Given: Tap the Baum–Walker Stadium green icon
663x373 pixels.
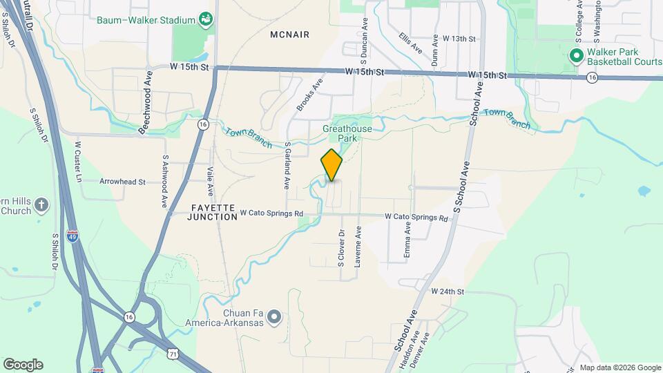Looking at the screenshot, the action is (x=205, y=19).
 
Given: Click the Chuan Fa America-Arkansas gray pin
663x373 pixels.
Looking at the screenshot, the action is (x=274, y=317).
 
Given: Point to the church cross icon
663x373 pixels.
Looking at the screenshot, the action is (x=41, y=204).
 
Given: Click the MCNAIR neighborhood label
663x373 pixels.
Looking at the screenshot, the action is (x=289, y=35).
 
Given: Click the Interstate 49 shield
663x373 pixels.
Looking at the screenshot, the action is (x=73, y=236).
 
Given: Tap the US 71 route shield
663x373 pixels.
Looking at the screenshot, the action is (x=173, y=353).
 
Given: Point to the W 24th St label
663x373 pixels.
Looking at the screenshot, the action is (x=448, y=291).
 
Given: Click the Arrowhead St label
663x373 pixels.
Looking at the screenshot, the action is (x=122, y=182).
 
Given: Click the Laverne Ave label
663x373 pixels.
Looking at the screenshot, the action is (x=358, y=242).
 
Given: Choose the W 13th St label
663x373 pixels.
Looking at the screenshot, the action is (x=459, y=39).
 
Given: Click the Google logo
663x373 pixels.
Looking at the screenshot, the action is (x=22, y=364).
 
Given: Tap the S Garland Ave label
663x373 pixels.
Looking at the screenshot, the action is (x=287, y=166).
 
